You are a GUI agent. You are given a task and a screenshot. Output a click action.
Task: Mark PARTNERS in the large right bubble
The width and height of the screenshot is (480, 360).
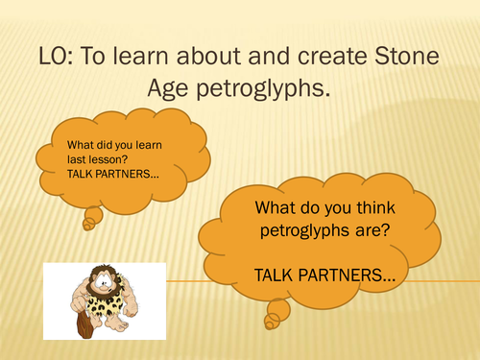click(344, 275)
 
